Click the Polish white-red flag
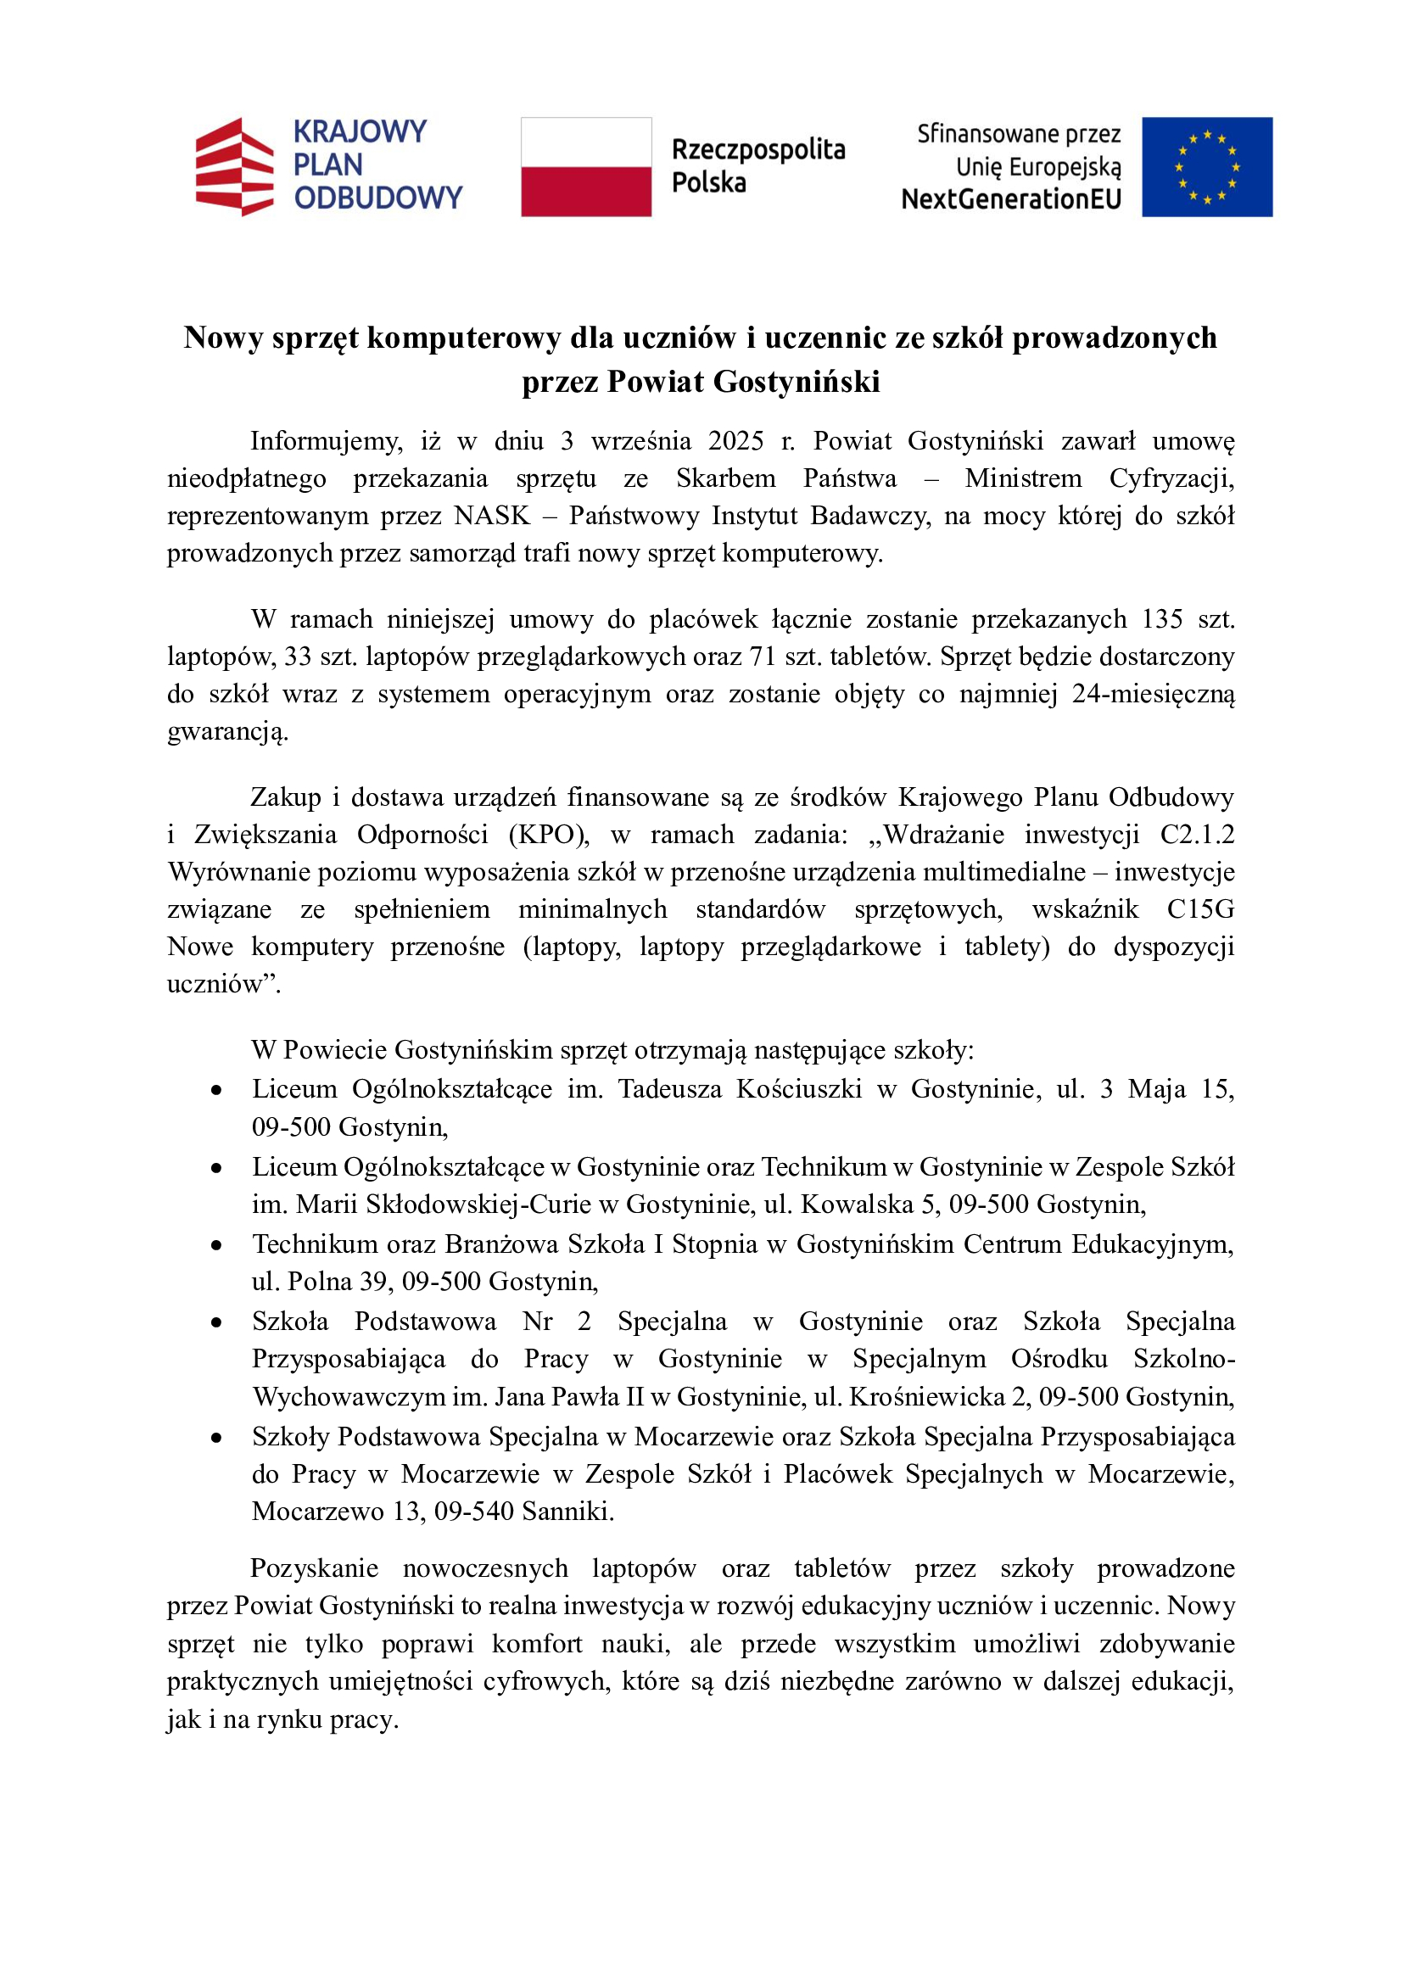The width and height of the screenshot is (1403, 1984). pyautogui.click(x=586, y=167)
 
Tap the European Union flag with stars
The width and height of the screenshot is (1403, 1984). pyautogui.click(x=1206, y=167)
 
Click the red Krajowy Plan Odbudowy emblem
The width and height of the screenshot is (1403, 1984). pyautogui.click(x=234, y=167)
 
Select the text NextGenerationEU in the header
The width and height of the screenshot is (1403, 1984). pyautogui.click(x=1011, y=199)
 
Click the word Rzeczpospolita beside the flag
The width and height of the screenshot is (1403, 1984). pyautogui.click(x=757, y=149)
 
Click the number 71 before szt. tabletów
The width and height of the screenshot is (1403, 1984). pyautogui.click(x=762, y=657)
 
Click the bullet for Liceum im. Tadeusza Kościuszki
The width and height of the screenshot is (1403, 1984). pyautogui.click(x=216, y=1092)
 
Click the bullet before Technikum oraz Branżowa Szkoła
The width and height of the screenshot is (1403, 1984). pyautogui.click(x=216, y=1246)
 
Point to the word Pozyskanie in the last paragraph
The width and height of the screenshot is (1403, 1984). pyautogui.click(x=315, y=1568)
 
